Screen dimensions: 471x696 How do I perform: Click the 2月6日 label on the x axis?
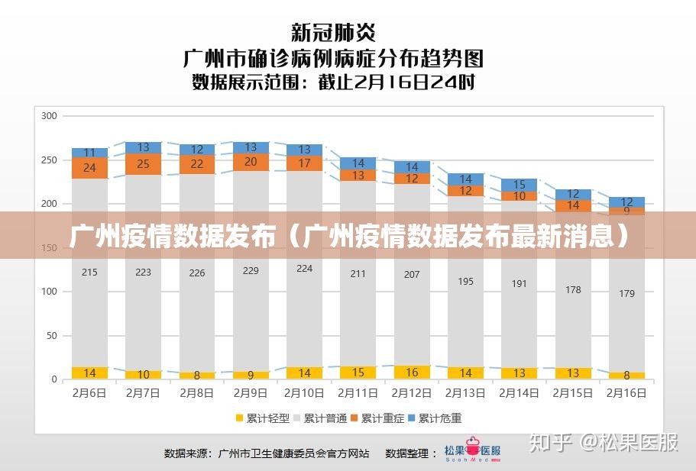point(89,394)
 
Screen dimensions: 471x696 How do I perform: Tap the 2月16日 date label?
point(626,394)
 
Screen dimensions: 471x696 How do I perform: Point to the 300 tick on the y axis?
point(49,116)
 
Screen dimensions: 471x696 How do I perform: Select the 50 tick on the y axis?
point(52,336)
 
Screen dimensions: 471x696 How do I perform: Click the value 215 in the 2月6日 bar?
point(89,273)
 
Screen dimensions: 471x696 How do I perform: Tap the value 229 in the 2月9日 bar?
point(251,270)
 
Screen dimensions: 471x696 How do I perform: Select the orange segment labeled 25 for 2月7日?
point(144,164)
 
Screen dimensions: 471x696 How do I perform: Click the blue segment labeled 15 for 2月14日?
point(520,185)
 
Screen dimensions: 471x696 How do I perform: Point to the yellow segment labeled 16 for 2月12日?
point(412,373)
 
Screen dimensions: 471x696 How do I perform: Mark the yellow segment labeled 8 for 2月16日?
point(626,376)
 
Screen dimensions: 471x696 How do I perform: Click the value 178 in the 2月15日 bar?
point(573,290)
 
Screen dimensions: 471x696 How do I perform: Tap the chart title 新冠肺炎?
point(333,32)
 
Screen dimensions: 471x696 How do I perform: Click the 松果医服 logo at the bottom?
point(473,452)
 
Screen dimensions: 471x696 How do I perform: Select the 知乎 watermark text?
point(551,442)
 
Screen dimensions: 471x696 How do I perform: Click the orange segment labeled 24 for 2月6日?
point(89,168)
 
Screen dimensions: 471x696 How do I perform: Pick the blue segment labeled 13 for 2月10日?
point(305,150)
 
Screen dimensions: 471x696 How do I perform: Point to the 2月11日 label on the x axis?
point(358,394)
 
